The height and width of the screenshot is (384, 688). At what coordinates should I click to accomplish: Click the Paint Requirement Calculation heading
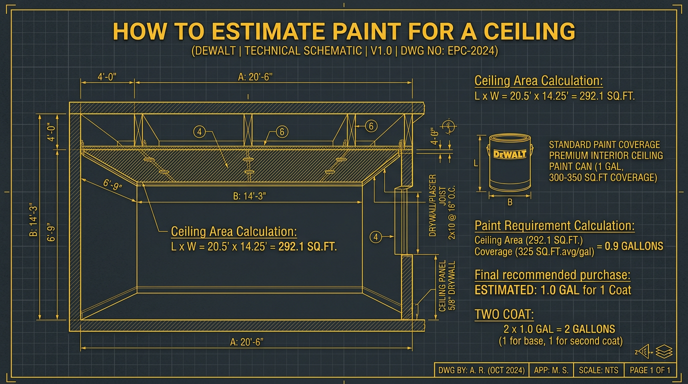(554, 226)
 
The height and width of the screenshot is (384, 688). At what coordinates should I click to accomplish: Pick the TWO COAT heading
(503, 314)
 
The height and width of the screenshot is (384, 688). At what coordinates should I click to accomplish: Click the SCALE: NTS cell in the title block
(598, 370)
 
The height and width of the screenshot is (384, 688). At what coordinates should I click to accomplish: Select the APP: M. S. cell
(550, 370)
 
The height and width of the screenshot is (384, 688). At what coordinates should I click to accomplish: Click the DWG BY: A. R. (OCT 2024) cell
(481, 370)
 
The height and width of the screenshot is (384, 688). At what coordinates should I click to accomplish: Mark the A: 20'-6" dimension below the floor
(246, 341)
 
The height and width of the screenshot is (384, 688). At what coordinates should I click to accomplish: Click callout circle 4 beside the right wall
(375, 237)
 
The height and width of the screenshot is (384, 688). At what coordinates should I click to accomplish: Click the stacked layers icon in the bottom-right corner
(665, 352)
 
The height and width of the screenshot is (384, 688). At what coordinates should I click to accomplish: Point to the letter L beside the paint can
(476, 163)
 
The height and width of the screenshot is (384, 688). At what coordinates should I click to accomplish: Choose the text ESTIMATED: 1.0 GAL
(527, 290)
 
